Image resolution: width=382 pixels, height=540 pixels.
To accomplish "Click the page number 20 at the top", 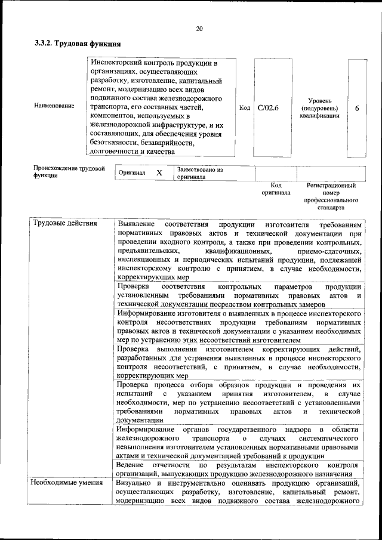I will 199,28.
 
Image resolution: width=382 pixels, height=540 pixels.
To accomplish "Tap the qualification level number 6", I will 357,108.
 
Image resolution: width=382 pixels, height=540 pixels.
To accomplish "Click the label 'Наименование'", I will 54,106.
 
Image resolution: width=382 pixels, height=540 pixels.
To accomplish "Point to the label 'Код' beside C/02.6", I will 245,108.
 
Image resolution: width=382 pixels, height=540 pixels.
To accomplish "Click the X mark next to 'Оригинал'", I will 159,172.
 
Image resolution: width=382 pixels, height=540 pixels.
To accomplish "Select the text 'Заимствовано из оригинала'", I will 199,173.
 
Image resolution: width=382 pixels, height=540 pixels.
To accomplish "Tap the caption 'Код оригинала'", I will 275,189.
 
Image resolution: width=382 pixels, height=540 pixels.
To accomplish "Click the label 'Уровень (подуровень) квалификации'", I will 320,108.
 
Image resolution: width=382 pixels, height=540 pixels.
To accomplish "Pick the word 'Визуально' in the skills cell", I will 135,482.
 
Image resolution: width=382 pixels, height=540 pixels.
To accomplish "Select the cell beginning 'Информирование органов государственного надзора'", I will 238,443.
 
